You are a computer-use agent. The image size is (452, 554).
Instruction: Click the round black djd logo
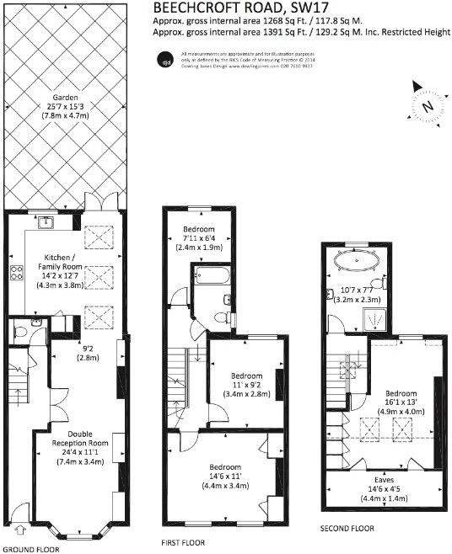[x=166, y=59]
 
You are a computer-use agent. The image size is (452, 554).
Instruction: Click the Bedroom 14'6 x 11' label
[x=226, y=477]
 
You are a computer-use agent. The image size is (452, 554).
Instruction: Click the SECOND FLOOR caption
[x=347, y=529]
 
